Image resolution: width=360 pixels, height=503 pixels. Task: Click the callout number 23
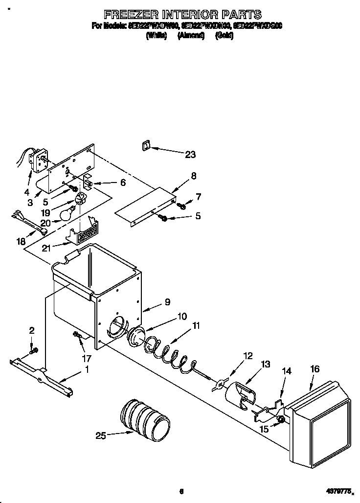190,155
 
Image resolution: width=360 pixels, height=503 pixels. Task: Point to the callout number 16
315,369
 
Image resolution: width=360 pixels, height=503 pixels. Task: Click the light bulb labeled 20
68,213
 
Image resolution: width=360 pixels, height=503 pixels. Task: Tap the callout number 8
194,176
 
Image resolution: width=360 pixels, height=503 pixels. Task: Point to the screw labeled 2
33,350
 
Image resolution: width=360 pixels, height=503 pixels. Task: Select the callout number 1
87,370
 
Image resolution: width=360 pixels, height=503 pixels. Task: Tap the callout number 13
266,364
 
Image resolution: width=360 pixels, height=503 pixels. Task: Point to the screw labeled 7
182,206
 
